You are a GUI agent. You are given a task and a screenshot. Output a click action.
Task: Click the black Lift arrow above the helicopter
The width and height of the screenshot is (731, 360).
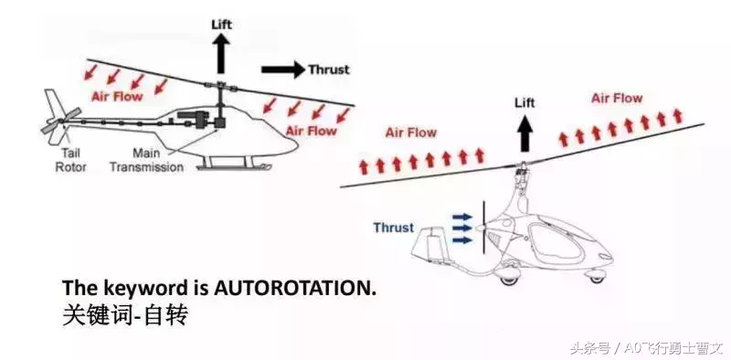point(221,54)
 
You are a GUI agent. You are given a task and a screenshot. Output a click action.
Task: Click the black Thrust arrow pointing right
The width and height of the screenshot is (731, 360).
point(283,69)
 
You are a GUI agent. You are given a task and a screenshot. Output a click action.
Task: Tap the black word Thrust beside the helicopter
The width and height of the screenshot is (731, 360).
point(329,69)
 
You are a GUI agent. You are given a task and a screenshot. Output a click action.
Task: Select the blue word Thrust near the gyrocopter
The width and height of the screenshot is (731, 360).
point(393,228)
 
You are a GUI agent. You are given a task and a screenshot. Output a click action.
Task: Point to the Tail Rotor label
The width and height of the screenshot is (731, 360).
point(70,160)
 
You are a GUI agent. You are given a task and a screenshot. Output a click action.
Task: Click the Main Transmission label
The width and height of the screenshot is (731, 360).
point(146,160)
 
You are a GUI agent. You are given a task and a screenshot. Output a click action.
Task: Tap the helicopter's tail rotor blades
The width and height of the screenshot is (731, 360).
point(61,122)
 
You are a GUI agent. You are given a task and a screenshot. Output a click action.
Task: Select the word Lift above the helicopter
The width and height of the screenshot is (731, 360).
point(221,25)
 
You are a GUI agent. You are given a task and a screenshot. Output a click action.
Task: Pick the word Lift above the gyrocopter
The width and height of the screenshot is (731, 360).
point(524,102)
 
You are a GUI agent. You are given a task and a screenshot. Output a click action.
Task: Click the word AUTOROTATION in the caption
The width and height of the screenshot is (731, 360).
point(294,288)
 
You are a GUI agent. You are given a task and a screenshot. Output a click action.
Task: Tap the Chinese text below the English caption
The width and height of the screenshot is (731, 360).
point(125,315)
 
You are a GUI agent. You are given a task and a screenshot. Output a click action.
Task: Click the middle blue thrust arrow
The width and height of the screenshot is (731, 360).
point(463,228)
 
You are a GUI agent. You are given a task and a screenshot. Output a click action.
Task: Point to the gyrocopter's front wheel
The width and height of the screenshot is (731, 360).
point(596,278)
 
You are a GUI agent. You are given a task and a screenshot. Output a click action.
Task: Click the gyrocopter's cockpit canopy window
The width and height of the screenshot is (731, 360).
point(557,242)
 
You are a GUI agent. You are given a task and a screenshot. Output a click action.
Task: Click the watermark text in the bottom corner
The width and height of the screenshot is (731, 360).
point(646,347)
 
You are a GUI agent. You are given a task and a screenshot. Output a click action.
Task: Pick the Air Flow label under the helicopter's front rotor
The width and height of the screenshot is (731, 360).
point(311,131)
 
